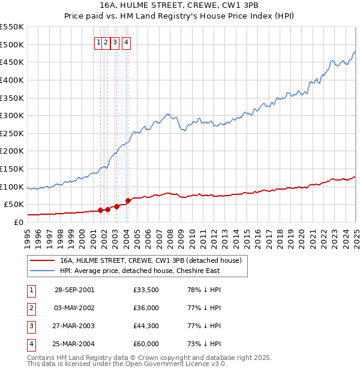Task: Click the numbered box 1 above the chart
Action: tap(98, 42)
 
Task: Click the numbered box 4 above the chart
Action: tap(127, 42)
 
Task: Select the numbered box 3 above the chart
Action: tap(114, 42)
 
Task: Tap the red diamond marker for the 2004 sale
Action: tap(128, 201)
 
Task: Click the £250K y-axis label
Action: tap(12, 133)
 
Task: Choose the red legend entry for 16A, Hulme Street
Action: tap(150, 260)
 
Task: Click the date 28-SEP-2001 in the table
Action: tap(74, 290)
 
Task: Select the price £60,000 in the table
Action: tap(146, 344)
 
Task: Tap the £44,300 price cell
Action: tap(146, 326)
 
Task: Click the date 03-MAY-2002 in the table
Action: tap(74, 308)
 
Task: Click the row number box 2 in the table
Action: tap(31, 308)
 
